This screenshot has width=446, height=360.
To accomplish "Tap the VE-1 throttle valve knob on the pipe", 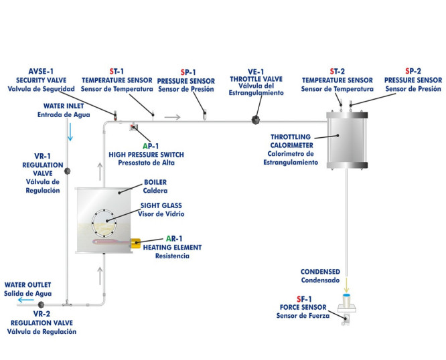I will (255, 120).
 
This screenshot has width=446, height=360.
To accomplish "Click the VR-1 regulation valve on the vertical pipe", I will (67, 171).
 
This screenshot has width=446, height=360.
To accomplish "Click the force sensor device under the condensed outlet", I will (346, 310).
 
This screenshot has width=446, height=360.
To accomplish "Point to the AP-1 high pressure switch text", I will (146, 154).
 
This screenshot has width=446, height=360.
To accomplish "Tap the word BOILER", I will (155, 182).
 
